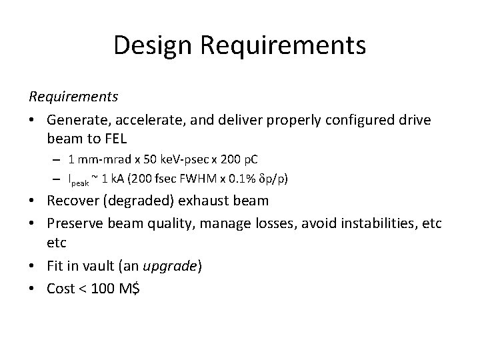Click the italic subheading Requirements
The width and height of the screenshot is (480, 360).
click(73, 97)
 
